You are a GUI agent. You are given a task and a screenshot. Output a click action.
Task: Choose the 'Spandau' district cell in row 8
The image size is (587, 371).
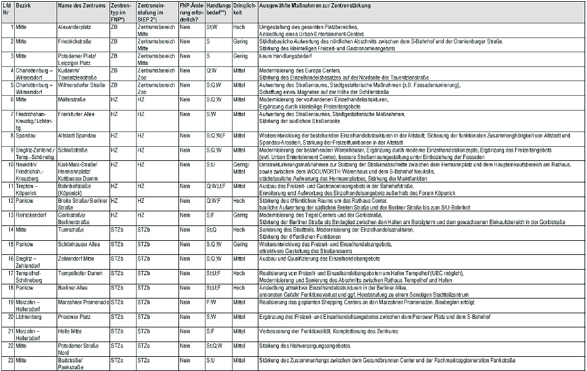pyautogui.click(x=27, y=135)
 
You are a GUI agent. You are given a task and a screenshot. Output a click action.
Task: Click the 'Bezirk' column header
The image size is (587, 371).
pyautogui.click(x=25, y=6)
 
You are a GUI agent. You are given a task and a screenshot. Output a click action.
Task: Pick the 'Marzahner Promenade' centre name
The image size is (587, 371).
pyautogui.click(x=83, y=302)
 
